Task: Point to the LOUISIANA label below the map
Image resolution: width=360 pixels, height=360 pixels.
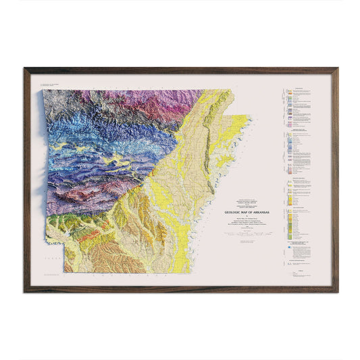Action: [x=132, y=276]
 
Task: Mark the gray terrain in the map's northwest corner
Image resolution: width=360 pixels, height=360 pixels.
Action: [x=57, y=101]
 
